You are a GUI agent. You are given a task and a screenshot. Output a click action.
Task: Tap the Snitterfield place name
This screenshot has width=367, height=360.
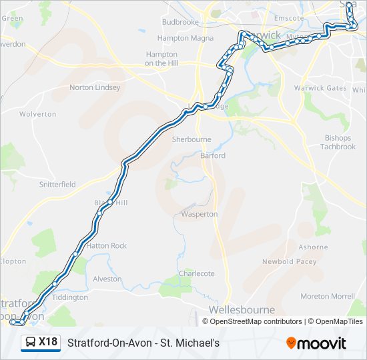tap(57, 185)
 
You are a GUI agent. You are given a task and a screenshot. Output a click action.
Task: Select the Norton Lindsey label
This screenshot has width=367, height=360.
tap(95, 87)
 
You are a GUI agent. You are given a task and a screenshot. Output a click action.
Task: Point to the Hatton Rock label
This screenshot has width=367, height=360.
tap(107, 246)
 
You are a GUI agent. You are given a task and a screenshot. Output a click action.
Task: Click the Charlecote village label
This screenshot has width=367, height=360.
tap(197, 273)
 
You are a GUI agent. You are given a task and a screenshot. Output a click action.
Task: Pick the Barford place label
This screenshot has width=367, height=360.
tap(213, 155)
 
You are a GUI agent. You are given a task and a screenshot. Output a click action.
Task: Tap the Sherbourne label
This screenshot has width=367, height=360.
tap(192, 140)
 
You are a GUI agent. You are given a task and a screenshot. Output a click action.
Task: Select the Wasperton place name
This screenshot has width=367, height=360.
tap(200, 214)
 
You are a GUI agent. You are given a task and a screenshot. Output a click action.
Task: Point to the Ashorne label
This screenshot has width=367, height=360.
tap(313, 247)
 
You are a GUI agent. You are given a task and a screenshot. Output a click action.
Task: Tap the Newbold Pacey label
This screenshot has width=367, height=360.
tap(289, 262)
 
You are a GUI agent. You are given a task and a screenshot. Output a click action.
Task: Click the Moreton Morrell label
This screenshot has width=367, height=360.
tap(328, 296)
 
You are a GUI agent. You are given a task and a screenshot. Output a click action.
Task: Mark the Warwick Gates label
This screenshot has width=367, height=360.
tap(321, 88)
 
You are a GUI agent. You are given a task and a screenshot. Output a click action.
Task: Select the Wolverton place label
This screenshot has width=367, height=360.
tap(38, 114)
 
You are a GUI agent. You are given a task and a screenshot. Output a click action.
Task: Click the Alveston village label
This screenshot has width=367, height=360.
tap(107, 279)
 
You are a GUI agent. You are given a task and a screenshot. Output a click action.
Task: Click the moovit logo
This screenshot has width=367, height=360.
tap(316, 343)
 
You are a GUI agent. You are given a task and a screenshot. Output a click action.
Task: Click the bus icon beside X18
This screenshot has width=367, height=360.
tap(31, 343)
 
